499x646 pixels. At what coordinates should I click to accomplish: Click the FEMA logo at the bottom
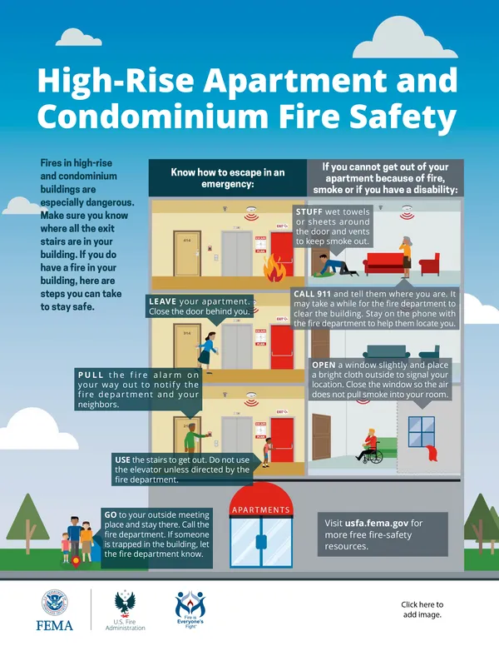[x=57, y=610]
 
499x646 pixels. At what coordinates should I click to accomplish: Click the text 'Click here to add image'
[x=422, y=610]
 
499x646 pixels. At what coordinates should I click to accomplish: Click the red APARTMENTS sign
[x=260, y=509]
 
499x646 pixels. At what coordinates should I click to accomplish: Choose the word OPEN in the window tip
[x=324, y=365]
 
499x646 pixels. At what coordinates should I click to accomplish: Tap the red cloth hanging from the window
[x=430, y=454]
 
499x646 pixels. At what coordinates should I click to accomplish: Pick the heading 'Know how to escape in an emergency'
[x=227, y=178]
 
